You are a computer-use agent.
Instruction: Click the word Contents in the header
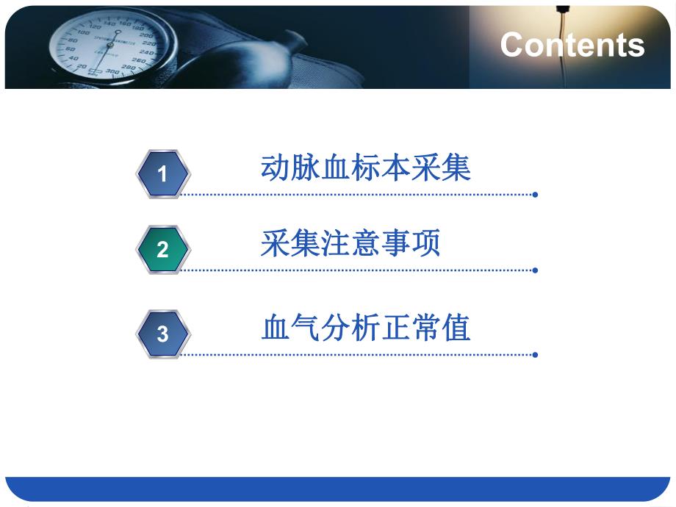point(572,45)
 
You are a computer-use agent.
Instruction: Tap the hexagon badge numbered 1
point(163,173)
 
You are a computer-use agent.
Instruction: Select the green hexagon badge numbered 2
point(163,250)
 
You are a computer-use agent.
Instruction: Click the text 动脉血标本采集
point(365,168)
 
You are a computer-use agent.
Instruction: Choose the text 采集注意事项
point(350,244)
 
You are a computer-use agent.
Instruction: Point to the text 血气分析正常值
point(365,328)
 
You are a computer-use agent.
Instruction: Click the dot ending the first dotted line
point(535,195)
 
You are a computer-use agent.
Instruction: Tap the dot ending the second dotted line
point(535,270)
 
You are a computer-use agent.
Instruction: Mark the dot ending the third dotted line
point(535,355)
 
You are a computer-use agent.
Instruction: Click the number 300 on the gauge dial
point(112,72)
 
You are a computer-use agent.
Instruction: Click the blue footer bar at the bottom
point(338,489)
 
